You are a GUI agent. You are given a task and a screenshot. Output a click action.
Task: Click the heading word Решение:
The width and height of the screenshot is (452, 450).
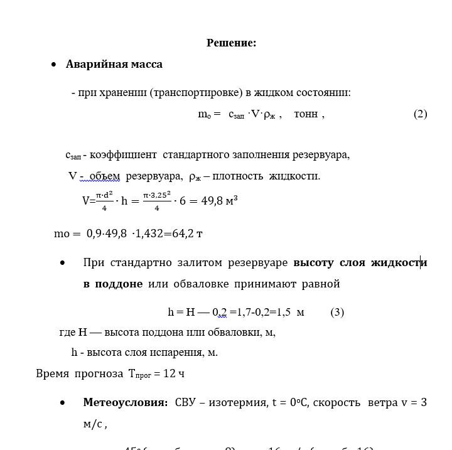(x=231, y=43)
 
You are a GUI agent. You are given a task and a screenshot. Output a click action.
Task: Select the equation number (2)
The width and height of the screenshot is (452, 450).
(x=420, y=114)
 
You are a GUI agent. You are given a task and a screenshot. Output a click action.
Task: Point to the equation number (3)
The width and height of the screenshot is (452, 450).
(x=337, y=312)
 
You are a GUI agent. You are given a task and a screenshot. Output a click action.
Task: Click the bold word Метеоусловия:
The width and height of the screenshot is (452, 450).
(x=125, y=402)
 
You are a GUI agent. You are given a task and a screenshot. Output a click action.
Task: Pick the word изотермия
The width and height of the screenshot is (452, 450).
(x=238, y=402)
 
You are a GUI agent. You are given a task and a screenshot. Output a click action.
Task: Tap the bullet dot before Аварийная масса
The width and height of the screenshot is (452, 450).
(x=54, y=65)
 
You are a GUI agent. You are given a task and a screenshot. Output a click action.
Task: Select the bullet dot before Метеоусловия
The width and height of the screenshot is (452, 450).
(x=63, y=402)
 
